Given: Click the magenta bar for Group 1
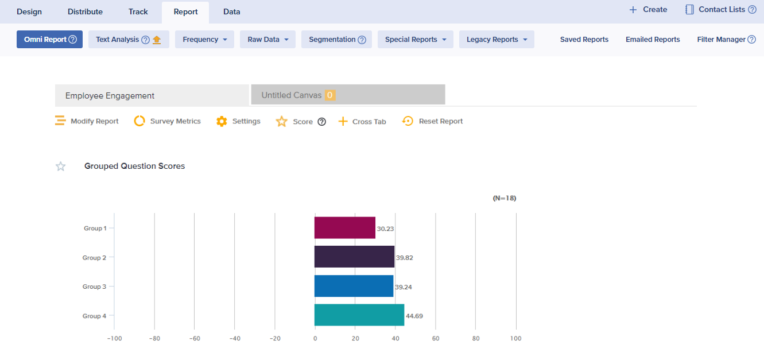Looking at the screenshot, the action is (x=345, y=227).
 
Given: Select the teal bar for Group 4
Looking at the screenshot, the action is (x=359, y=315).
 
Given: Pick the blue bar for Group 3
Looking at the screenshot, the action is (x=354, y=286).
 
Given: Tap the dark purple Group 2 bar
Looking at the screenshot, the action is (x=354, y=257).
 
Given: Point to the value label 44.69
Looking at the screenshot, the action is (x=414, y=316).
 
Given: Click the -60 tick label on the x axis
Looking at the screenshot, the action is (x=195, y=339).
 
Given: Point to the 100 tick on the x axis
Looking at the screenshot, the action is (x=515, y=338).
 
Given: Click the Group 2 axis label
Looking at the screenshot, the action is (x=94, y=258).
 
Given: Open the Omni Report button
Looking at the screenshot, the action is (x=49, y=39).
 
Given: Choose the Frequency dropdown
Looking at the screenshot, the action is (x=205, y=39).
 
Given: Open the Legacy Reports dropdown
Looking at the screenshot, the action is (x=497, y=39).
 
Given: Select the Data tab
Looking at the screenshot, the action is (x=231, y=11).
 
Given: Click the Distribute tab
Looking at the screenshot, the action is (x=85, y=11).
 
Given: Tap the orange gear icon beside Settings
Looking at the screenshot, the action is (x=222, y=121).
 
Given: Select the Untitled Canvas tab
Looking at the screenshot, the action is (x=348, y=95).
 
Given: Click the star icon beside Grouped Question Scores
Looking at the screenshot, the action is (x=61, y=166).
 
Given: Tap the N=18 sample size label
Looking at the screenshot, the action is (x=505, y=198).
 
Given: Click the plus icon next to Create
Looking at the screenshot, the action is (x=633, y=10).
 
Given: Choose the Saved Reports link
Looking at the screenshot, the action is (x=584, y=39).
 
